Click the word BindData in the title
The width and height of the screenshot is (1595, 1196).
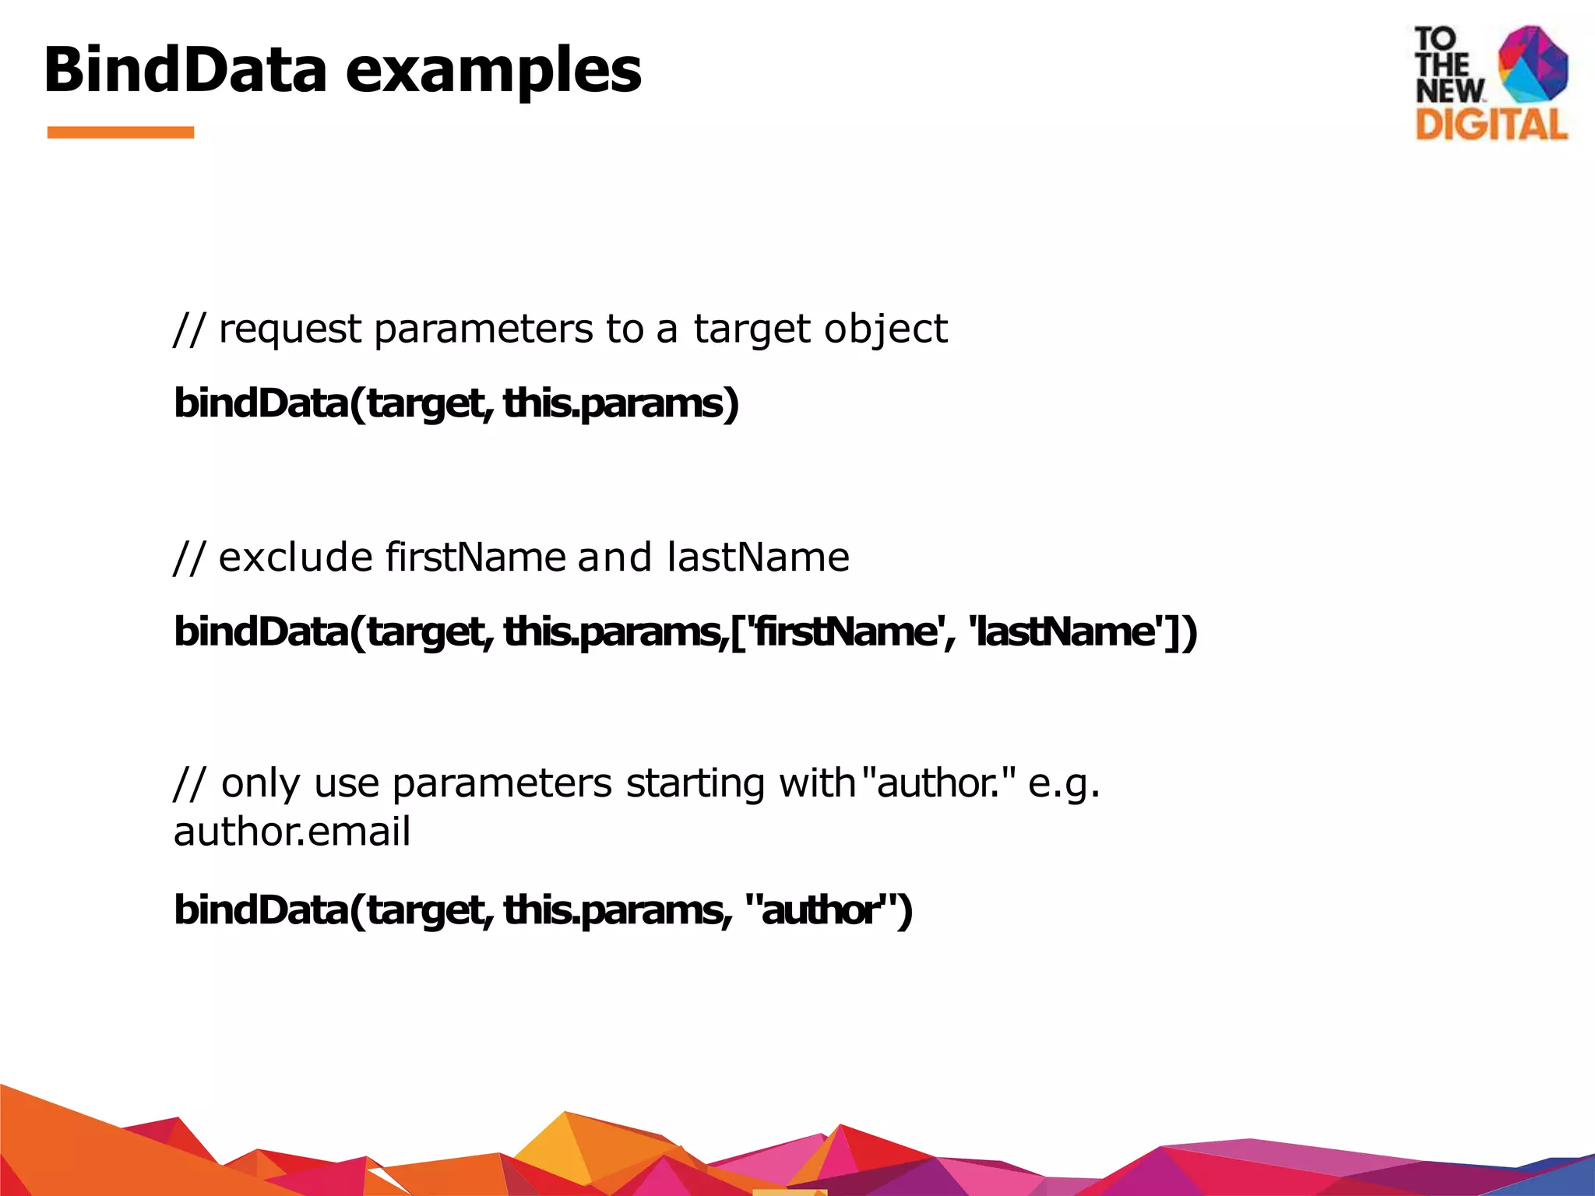tap(185, 70)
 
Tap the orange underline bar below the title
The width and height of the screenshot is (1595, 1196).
tap(120, 132)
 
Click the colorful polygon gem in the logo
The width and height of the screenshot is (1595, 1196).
tap(1533, 65)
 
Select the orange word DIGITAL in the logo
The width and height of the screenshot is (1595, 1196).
tap(1491, 125)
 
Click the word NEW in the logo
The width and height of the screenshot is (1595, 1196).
tap(1449, 91)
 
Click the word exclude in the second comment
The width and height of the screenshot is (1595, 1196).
tap(296, 558)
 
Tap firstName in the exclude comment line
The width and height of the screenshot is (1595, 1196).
tap(475, 558)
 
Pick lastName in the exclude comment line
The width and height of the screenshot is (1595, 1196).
tap(758, 558)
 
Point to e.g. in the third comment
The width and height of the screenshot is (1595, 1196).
tap(1063, 783)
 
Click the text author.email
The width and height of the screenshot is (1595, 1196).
tap(291, 832)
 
